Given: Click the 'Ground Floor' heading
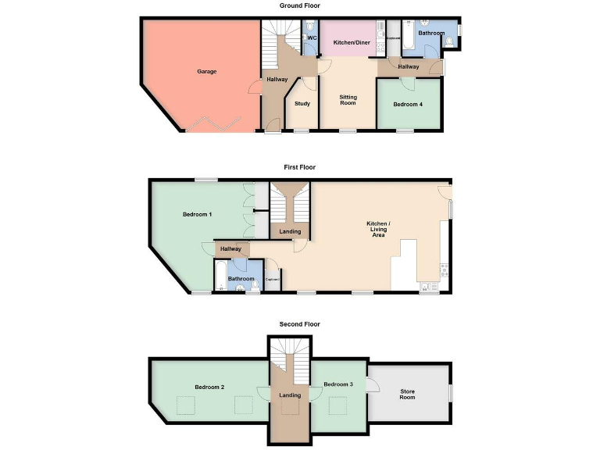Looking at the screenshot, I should (300, 5).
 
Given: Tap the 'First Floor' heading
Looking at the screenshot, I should (300, 167).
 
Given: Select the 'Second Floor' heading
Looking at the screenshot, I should (300, 324).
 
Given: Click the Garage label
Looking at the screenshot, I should (206, 72).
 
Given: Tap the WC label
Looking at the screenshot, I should (311, 37).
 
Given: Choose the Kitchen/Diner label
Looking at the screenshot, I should (352, 42).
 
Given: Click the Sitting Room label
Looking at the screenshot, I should (348, 100).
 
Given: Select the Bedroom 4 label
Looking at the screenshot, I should (408, 105).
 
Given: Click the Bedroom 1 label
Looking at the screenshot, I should (197, 214).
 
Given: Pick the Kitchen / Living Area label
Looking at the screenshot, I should (378, 229).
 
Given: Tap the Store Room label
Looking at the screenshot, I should (407, 394).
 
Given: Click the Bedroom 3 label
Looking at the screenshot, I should (338, 384).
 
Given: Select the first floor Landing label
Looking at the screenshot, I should (290, 231).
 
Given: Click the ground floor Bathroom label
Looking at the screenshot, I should (430, 34).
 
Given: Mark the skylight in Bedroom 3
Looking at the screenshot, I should (338, 406).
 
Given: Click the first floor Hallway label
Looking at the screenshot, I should (230, 249).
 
